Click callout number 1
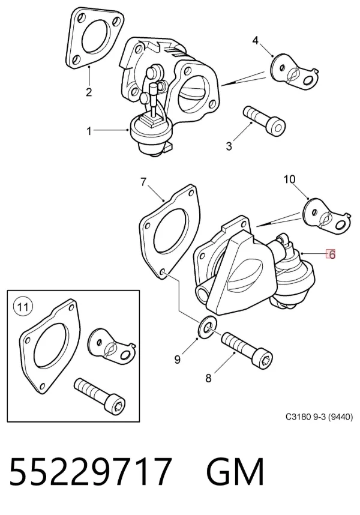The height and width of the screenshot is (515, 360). click(x=89, y=131)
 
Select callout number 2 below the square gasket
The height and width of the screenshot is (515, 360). click(x=89, y=92)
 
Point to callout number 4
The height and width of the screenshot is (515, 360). click(x=256, y=41)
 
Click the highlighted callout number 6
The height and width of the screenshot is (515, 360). click(x=331, y=254)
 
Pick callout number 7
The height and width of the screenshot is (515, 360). click(x=143, y=182)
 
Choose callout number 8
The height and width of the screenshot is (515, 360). click(x=208, y=378)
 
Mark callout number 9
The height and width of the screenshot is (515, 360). click(x=177, y=360)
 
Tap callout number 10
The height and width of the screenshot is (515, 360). click(x=289, y=179)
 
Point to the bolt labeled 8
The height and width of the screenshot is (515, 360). click(x=247, y=351)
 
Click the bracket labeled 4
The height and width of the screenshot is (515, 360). click(x=295, y=73)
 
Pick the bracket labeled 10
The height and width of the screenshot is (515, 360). click(x=327, y=216)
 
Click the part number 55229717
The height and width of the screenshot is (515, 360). click(x=91, y=471)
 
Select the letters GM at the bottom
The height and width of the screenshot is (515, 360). click(x=235, y=471)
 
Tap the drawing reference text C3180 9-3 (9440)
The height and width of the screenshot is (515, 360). click(x=319, y=417)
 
